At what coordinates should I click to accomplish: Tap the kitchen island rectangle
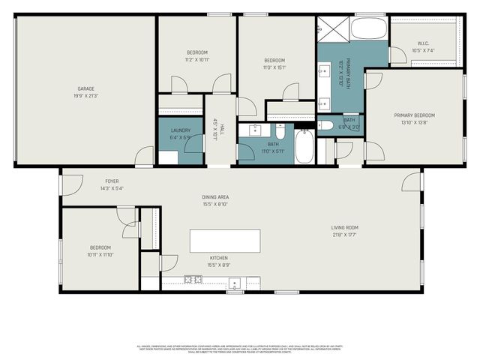[225, 241]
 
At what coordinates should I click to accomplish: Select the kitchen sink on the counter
[235, 283]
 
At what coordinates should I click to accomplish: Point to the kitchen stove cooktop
[193, 280]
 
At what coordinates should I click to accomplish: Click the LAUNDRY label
[180, 130]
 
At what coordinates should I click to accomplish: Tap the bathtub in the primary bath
[368, 29]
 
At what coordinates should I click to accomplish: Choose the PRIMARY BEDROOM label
[415, 115]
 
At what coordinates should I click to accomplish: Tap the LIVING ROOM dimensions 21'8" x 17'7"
[345, 235]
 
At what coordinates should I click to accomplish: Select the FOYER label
[112, 181]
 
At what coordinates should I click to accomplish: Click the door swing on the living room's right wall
[412, 181]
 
